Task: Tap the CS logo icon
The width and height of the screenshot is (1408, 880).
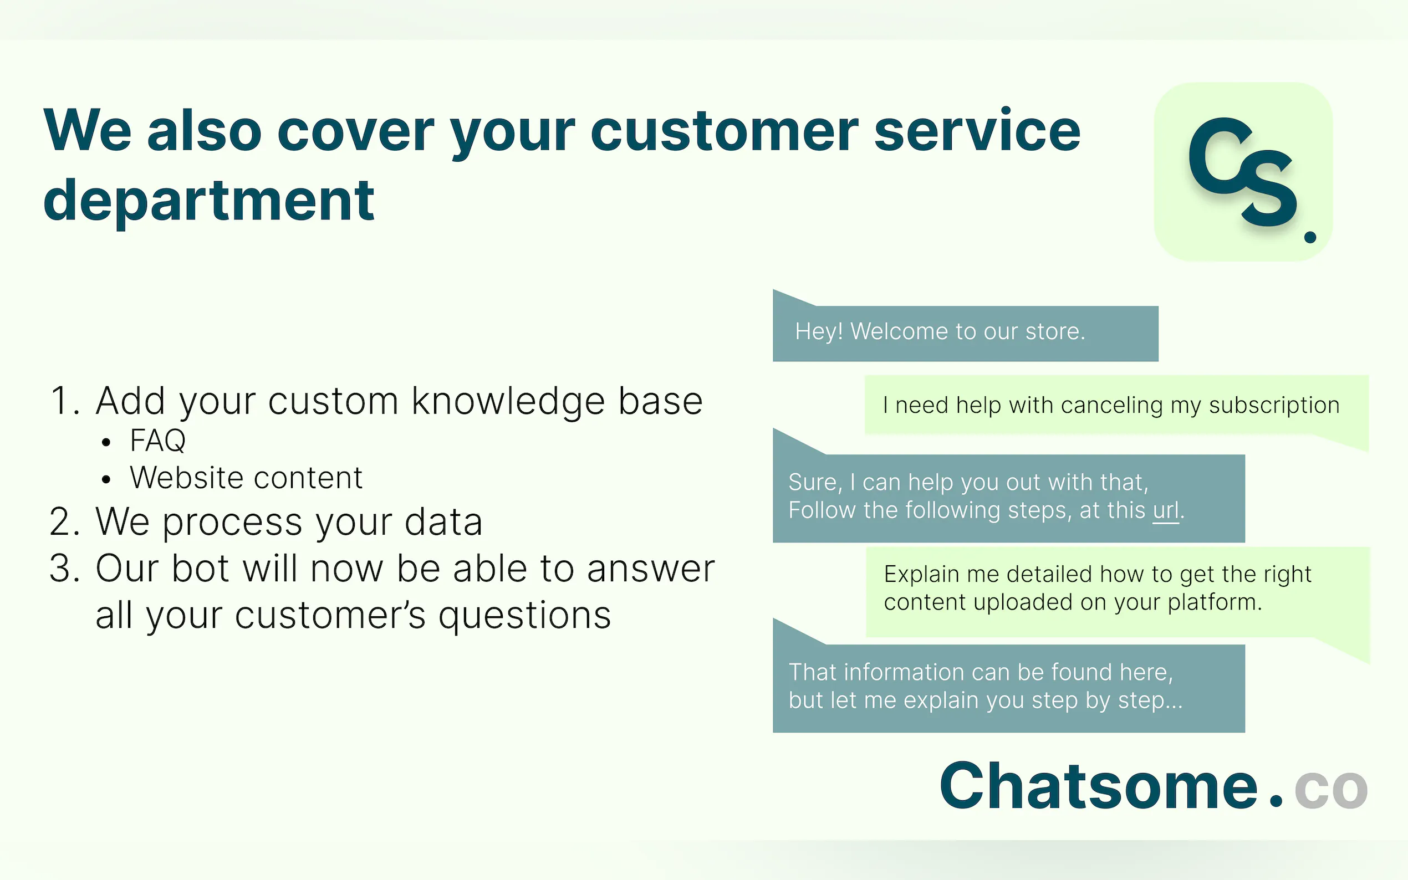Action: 1243,172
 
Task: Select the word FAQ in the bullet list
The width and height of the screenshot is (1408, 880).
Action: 158,440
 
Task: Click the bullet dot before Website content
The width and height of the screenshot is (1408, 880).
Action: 105,479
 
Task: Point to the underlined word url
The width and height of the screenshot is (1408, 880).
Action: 1166,510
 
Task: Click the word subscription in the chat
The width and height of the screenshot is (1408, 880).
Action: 1274,406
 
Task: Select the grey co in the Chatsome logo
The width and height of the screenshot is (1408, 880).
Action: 1331,790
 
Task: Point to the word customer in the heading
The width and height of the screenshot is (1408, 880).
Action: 724,131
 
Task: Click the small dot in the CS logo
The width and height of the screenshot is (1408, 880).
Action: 1310,236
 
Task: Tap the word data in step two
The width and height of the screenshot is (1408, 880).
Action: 443,521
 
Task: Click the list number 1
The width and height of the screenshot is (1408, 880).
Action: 65,401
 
